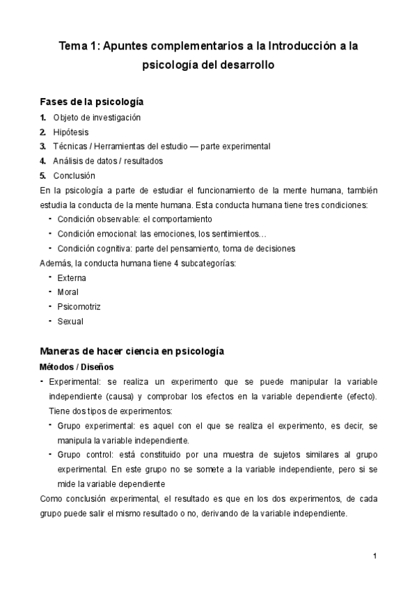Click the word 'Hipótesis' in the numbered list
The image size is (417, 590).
click(70, 131)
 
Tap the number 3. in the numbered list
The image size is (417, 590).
click(43, 146)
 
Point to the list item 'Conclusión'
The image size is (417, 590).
click(74, 175)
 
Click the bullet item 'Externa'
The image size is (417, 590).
click(73, 278)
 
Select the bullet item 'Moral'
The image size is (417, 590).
click(68, 292)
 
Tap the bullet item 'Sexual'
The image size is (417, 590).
click(70, 321)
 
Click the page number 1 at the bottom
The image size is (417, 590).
click(375, 556)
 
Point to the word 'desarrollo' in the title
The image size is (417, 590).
click(245, 66)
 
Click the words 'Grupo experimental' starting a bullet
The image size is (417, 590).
click(92, 425)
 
